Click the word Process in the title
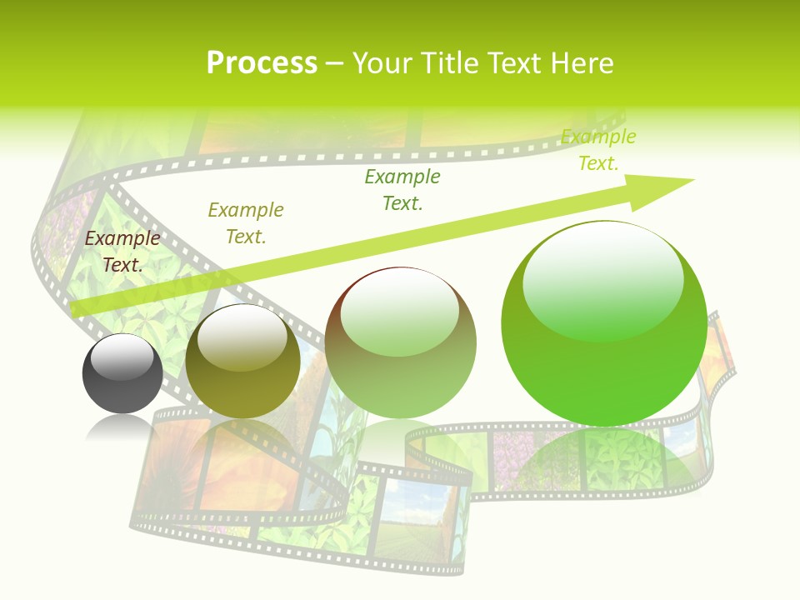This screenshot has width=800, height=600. point(262,63)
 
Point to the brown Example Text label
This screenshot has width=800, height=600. point(122,251)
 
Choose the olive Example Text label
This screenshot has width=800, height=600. point(246,222)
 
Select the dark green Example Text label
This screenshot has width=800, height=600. point(402,189)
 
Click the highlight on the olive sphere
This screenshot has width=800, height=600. point(242,337)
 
